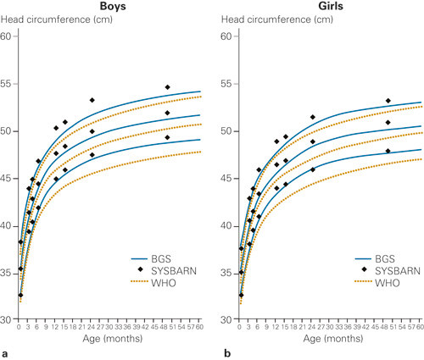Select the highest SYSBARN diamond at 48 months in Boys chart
coord(168,87)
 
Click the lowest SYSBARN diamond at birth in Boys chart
coord(20,295)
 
